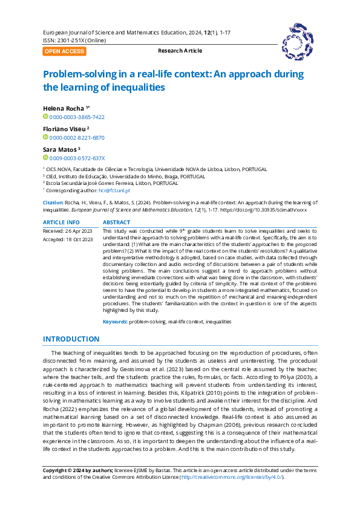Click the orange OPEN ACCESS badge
pos(64,51)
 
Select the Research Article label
pos(180,51)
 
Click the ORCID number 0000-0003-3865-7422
pos(77,117)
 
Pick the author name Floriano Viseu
pos(64,129)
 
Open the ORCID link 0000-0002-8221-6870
pos(77,137)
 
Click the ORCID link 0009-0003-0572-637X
pos(77,158)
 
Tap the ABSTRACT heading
pos(116,223)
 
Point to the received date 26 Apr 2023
pos(79,232)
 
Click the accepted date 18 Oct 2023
pos(79,240)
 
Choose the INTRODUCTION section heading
pos(71,339)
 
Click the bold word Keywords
pos(114,322)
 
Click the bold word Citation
pos(54,203)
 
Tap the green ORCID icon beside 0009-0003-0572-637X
pos(45,158)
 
